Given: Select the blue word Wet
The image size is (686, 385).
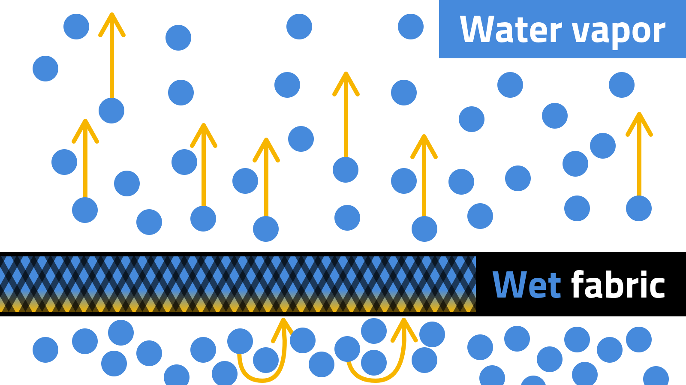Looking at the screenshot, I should (x=527, y=285).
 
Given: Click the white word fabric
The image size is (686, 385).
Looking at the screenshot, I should (x=618, y=285).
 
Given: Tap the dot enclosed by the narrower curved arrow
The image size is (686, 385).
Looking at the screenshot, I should (x=266, y=360).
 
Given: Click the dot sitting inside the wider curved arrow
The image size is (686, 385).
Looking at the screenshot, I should (x=374, y=362).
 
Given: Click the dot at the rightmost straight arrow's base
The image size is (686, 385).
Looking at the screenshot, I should (x=639, y=208).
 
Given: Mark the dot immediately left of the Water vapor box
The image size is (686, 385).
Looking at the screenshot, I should (x=411, y=27).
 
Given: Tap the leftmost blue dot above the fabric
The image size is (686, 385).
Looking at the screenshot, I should (x=45, y=69).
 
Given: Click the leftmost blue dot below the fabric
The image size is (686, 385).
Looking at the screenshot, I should (x=45, y=350).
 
